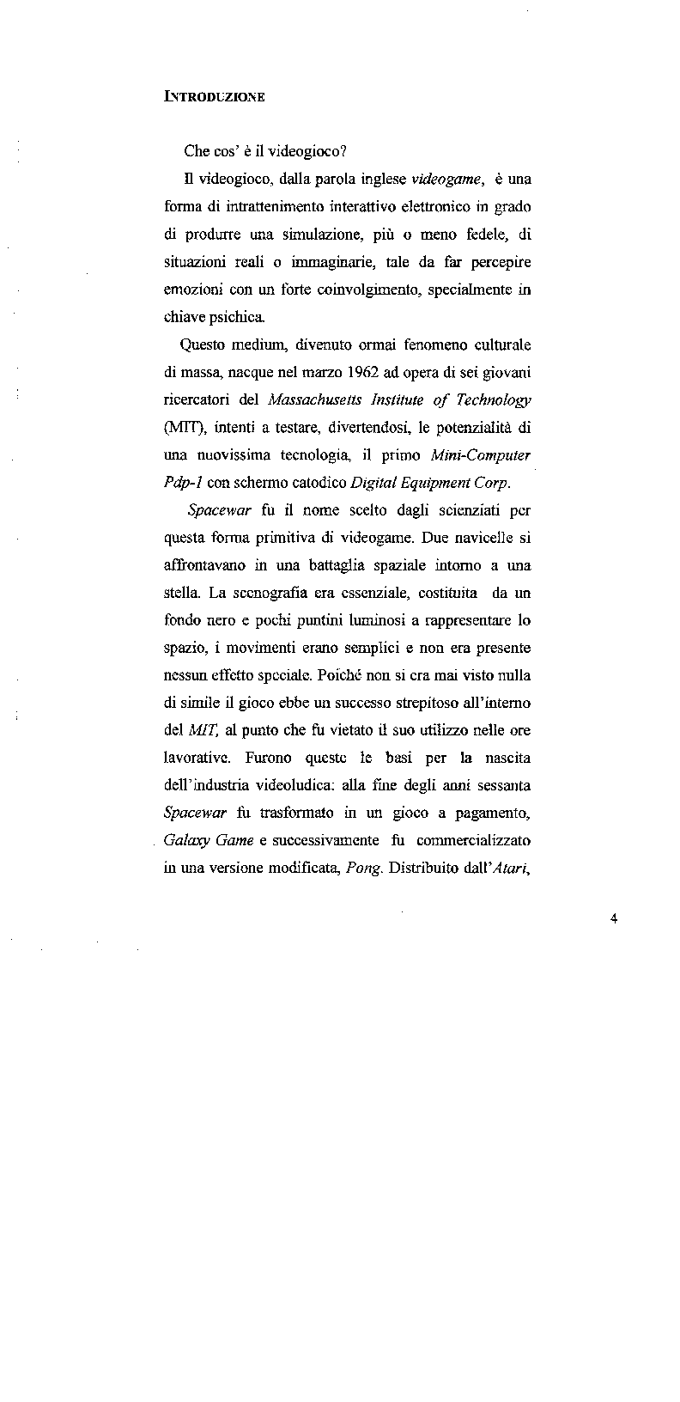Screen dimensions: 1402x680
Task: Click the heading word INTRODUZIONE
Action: pos(214,97)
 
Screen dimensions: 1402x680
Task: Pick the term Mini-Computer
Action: pos(481,454)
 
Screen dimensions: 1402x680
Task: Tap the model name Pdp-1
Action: pos(183,482)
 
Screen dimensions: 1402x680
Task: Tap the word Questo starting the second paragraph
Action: pos(205,345)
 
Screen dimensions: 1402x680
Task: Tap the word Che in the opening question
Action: pos(197,151)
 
